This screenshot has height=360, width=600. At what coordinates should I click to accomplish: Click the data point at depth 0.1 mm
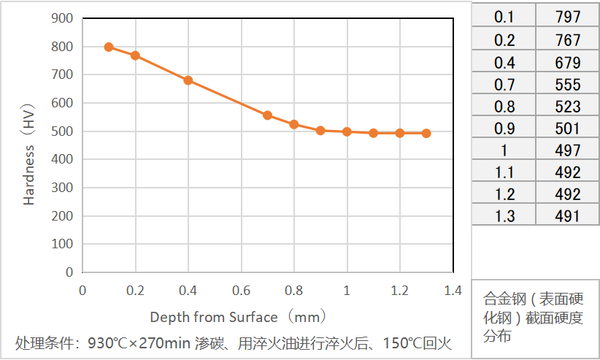click(109, 47)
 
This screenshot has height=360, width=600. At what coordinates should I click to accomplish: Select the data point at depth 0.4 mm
click(188, 80)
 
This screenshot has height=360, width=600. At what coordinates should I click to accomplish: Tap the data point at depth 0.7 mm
click(268, 115)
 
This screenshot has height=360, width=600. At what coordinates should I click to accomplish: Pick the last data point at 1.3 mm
click(426, 133)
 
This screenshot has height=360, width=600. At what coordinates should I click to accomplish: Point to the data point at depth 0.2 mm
click(135, 55)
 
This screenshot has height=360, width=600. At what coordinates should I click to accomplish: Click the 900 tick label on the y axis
click(63, 18)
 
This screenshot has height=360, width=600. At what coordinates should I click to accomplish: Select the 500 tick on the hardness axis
click(63, 131)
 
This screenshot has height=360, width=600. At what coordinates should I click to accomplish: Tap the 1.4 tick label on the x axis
click(453, 291)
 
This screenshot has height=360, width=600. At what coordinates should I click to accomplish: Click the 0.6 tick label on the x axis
click(241, 291)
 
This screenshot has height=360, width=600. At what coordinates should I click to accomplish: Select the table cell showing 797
click(567, 17)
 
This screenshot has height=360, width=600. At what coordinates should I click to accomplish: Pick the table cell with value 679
click(567, 61)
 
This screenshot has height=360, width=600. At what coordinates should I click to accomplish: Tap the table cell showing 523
click(567, 106)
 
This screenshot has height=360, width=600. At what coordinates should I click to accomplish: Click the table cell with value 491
click(567, 215)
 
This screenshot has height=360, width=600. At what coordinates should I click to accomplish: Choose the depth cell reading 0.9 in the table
click(504, 128)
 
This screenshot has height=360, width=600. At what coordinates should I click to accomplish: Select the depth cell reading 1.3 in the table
click(504, 215)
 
